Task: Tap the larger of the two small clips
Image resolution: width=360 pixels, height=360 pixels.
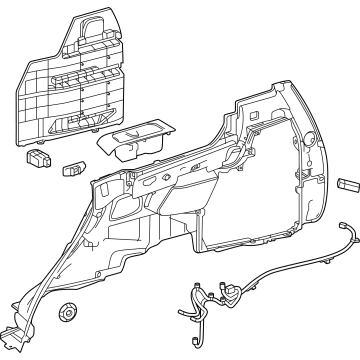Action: (41, 158)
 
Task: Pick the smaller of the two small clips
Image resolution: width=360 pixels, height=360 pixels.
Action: (75, 169)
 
